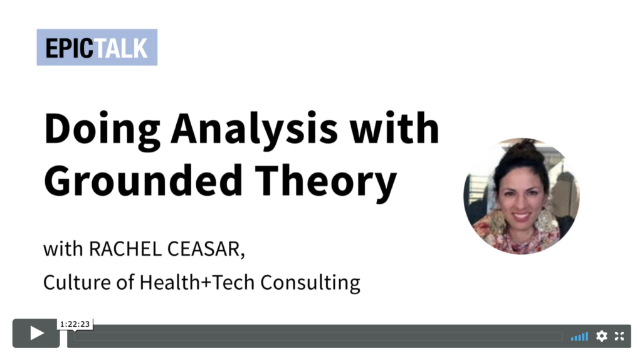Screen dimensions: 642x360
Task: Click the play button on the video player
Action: [36, 334]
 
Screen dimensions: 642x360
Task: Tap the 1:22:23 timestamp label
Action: [75, 324]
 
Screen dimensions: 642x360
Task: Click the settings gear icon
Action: [601, 336]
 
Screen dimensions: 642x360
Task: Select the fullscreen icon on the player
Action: [619, 336]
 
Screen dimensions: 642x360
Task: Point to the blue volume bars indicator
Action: [579, 337]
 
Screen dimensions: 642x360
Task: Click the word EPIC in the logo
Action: [69, 48]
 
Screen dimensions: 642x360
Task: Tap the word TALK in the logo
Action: [120, 48]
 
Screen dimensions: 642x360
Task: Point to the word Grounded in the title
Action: [144, 180]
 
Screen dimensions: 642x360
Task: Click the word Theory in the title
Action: [326, 183]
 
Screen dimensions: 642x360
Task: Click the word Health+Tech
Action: [197, 282]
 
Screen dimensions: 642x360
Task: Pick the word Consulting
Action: [310, 283]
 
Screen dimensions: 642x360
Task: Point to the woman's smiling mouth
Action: [521, 216]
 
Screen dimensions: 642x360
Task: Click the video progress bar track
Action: [318, 336]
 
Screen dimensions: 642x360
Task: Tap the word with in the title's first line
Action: [394, 129]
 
